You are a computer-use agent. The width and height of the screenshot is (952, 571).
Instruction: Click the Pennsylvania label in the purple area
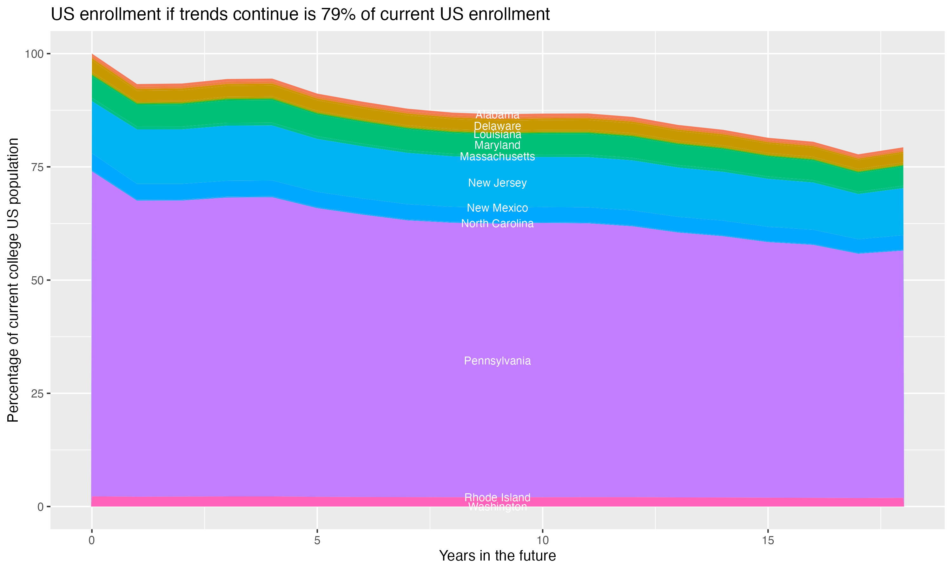497,361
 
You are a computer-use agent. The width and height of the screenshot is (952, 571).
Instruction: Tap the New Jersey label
497,183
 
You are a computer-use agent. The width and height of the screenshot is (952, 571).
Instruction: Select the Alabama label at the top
497,115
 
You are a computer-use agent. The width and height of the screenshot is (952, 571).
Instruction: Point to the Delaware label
497,126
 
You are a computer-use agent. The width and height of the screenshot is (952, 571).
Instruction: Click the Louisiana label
497,135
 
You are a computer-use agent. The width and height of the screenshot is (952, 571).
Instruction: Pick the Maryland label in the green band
497,145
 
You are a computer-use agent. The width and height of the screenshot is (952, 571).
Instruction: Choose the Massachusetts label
497,157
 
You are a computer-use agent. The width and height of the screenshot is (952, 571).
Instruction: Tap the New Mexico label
497,208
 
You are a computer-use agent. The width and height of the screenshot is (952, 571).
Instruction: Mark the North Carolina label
497,223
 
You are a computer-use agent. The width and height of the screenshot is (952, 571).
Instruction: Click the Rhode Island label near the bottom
497,497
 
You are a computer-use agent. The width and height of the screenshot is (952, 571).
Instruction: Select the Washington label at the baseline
497,507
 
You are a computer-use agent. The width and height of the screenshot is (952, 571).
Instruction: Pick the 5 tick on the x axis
317,541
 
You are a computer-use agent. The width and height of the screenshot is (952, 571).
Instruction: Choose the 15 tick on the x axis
768,541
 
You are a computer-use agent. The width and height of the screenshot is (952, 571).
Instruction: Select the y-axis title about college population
13,280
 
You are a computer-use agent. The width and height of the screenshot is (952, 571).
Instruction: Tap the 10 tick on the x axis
542,541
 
